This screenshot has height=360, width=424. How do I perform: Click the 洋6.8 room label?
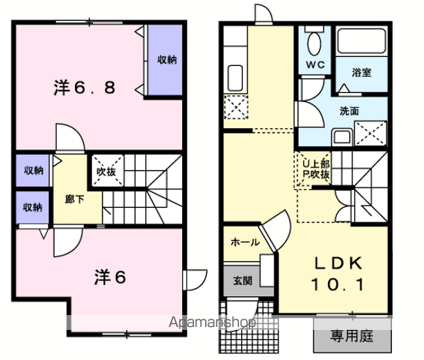[x=85, y=88]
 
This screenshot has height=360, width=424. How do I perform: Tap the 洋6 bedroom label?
[x=110, y=277]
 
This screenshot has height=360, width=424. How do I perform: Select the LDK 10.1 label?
[x=338, y=274]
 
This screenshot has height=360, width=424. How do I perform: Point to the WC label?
[x=315, y=64]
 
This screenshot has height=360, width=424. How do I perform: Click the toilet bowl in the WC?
[x=314, y=43]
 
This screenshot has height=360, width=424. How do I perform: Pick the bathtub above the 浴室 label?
[x=362, y=41]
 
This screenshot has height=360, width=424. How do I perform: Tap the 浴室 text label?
[x=362, y=72]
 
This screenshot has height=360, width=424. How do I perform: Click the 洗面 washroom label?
[x=349, y=111]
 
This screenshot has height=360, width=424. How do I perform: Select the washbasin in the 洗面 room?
[x=342, y=137]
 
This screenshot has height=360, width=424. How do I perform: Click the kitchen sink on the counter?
[x=235, y=78]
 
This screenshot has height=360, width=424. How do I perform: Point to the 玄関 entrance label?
[x=243, y=280]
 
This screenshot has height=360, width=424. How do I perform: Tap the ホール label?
[x=245, y=242]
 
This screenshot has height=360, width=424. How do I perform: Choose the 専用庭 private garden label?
[x=352, y=336]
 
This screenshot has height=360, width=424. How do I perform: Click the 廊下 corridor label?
[x=75, y=199]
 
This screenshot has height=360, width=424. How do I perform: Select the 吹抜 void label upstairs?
[x=106, y=171]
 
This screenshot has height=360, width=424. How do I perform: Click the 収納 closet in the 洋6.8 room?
[x=165, y=60]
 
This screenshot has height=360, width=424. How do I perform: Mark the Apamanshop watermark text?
[x=212, y=322]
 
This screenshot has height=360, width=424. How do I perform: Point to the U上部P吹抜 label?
[x=315, y=169]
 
